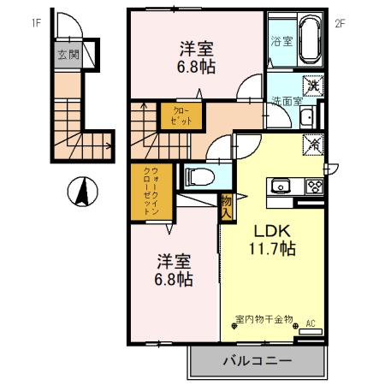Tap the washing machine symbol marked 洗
pos(314,85)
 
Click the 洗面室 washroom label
pos(287,101)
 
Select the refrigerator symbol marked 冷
pos(313,145)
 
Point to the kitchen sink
pos(281,187)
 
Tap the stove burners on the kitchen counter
pos(311,187)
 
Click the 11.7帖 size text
pos(272,250)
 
